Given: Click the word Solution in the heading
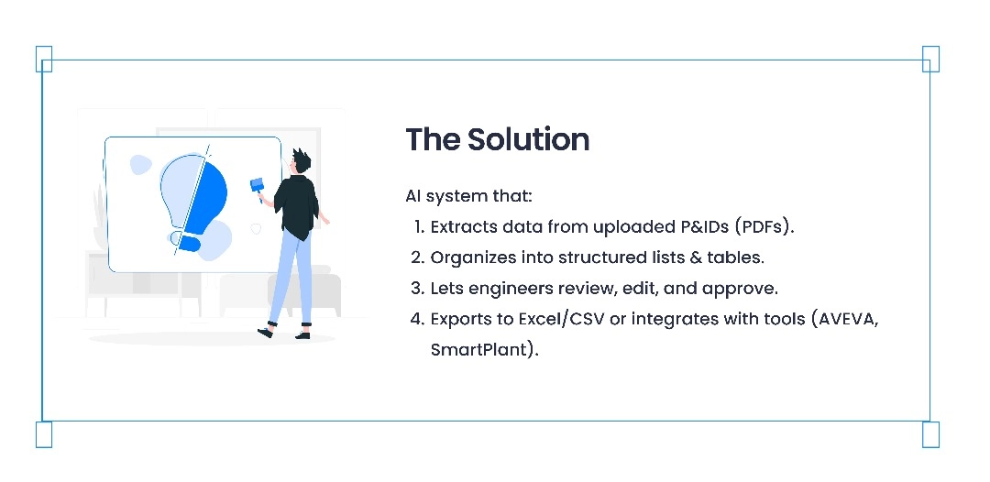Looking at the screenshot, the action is (x=529, y=139).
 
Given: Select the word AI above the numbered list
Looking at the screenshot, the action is (x=412, y=196).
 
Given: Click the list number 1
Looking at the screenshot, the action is (x=420, y=227).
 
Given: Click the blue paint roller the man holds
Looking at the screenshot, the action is (x=258, y=186).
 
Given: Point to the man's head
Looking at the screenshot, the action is (x=301, y=161).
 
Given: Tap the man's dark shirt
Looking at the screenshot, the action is (x=295, y=205).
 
